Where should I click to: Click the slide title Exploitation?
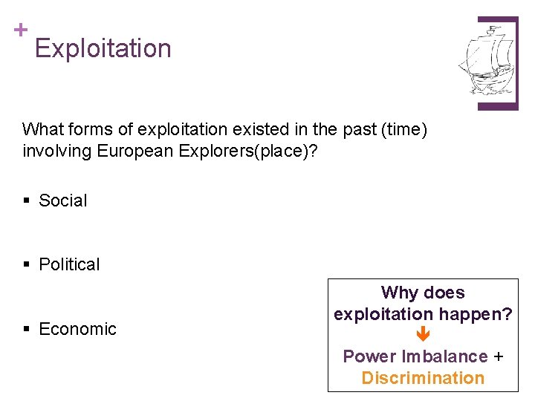103,48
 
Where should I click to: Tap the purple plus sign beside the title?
20,30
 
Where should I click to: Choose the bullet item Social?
62,200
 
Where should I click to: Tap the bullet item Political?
69,264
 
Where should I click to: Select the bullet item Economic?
77,329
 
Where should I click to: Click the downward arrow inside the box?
423,336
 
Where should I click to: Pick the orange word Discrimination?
423,378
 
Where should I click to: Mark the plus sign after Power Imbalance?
498,356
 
